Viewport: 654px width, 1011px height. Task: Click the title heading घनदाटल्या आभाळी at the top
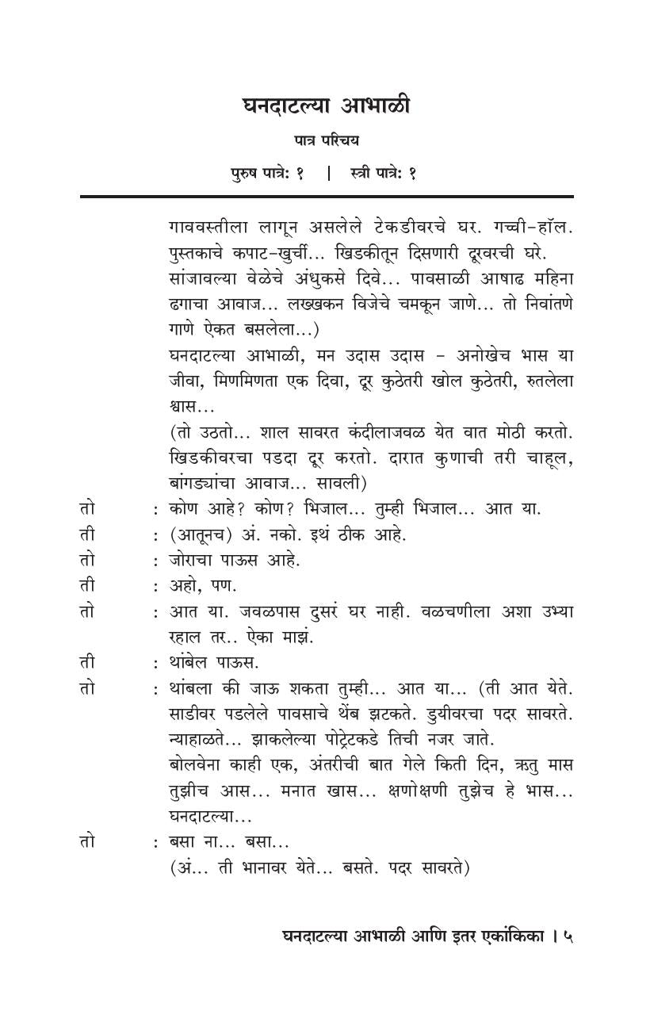326,105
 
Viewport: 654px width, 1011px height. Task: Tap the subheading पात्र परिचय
326,140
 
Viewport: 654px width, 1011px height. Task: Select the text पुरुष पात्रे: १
267,172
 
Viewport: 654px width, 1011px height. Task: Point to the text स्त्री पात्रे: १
383,172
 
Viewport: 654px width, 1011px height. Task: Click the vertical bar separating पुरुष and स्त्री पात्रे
327,172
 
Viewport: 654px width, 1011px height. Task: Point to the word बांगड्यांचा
214,483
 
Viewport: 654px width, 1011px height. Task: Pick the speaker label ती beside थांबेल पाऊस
87,662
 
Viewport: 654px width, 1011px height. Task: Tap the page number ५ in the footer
568,936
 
